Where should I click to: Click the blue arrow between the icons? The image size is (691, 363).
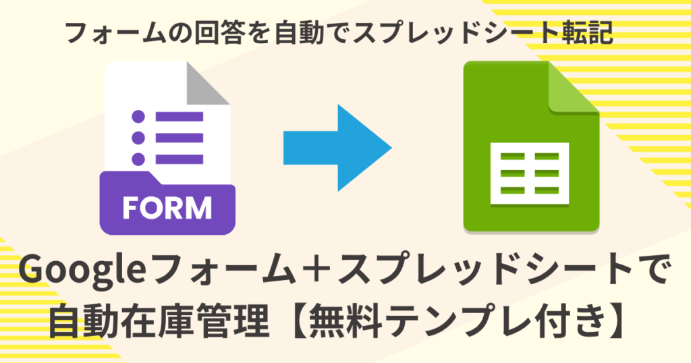[x=337, y=148]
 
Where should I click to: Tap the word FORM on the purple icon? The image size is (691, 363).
[x=167, y=208]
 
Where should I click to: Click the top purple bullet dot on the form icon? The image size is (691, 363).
[x=138, y=117]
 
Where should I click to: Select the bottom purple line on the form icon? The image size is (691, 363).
[x=179, y=159]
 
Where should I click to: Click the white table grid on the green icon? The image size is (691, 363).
[x=530, y=173]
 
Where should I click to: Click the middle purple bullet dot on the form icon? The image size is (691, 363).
[x=138, y=138]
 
